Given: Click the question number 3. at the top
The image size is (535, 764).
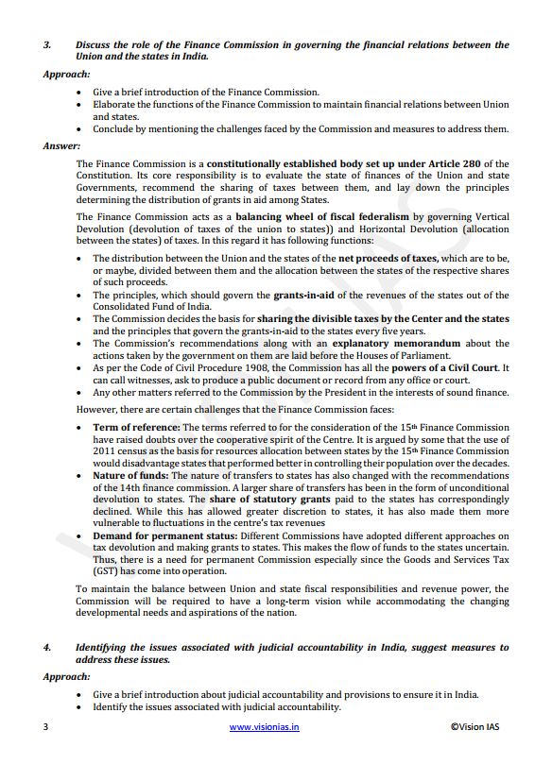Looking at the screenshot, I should coord(47,44).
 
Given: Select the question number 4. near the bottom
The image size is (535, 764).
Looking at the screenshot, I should coord(47,648).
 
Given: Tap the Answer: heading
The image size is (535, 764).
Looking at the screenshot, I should coord(62,146).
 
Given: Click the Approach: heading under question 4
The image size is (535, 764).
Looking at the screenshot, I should coord(66,677).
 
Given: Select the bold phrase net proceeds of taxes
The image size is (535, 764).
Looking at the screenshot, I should coord(388,258).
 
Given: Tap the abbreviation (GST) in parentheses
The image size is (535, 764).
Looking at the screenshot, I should coord(108,572).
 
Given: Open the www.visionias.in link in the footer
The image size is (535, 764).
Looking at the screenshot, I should coord(265,727).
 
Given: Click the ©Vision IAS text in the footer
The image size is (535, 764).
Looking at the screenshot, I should coord(478,727).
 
